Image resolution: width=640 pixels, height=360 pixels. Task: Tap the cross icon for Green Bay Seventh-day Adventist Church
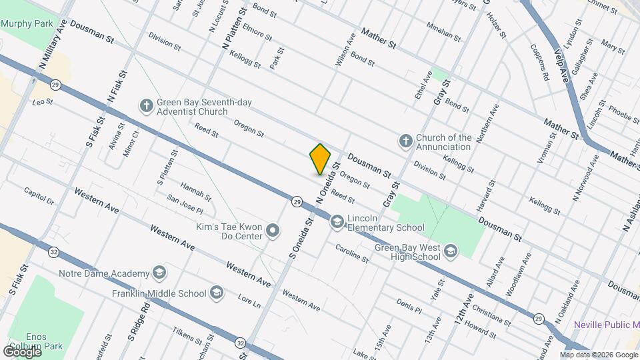click(146, 105)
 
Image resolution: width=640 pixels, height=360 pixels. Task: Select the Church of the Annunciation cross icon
click(405, 141)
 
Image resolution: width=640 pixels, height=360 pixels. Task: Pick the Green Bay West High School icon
click(451, 251)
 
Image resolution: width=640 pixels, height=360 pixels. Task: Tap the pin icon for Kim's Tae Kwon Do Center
click(272, 231)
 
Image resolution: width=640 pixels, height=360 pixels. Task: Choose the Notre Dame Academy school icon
click(159, 273)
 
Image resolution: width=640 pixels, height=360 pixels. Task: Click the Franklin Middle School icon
click(216, 292)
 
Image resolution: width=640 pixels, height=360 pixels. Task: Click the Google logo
click(22, 351)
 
